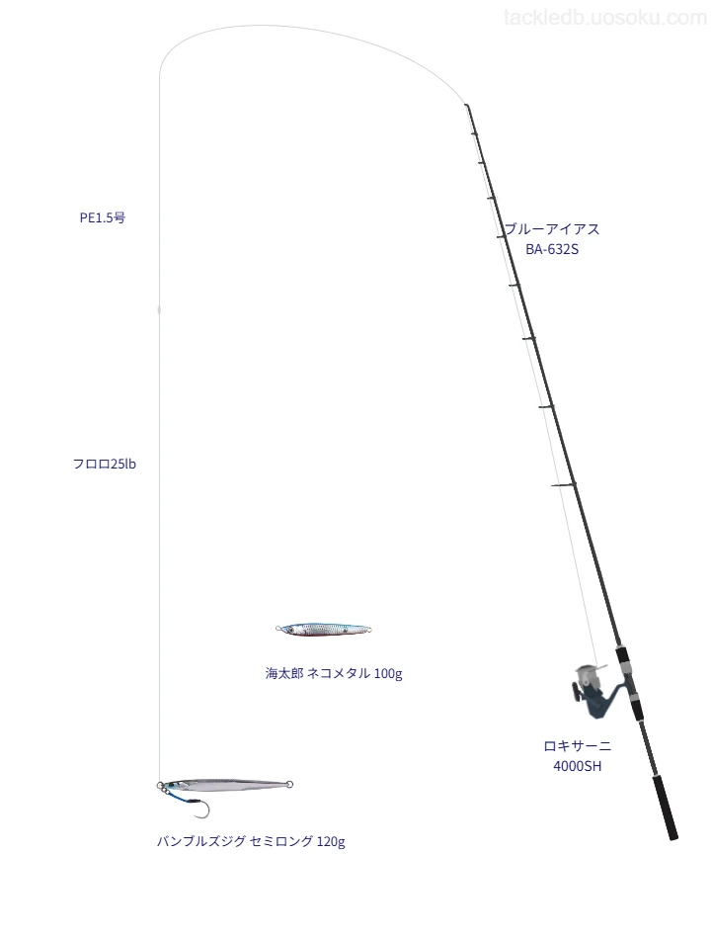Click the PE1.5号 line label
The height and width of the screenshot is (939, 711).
tap(103, 218)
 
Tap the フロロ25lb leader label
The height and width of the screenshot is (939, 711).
tap(104, 465)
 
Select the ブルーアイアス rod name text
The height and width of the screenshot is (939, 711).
tap(552, 229)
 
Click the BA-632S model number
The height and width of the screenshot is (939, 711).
tap(552, 250)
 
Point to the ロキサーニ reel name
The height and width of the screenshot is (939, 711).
tap(577, 746)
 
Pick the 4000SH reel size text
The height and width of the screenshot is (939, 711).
tap(577, 767)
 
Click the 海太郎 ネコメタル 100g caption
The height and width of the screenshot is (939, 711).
tap(334, 674)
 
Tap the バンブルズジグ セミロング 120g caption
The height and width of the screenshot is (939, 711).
tap(251, 842)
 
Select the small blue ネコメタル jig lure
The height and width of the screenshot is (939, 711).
tap(324, 629)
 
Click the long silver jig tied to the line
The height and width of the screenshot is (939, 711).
tap(225, 785)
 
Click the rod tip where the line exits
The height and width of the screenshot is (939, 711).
tap(466, 106)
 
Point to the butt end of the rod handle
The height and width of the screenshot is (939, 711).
tap(673, 836)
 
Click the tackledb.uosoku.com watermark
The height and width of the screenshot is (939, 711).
tap(605, 18)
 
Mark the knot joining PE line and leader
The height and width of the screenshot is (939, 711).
tap(159, 309)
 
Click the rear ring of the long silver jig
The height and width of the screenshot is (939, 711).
tap(289, 784)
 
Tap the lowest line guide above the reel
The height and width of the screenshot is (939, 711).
tap(563, 484)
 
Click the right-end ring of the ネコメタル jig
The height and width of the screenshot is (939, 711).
tap(368, 630)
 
